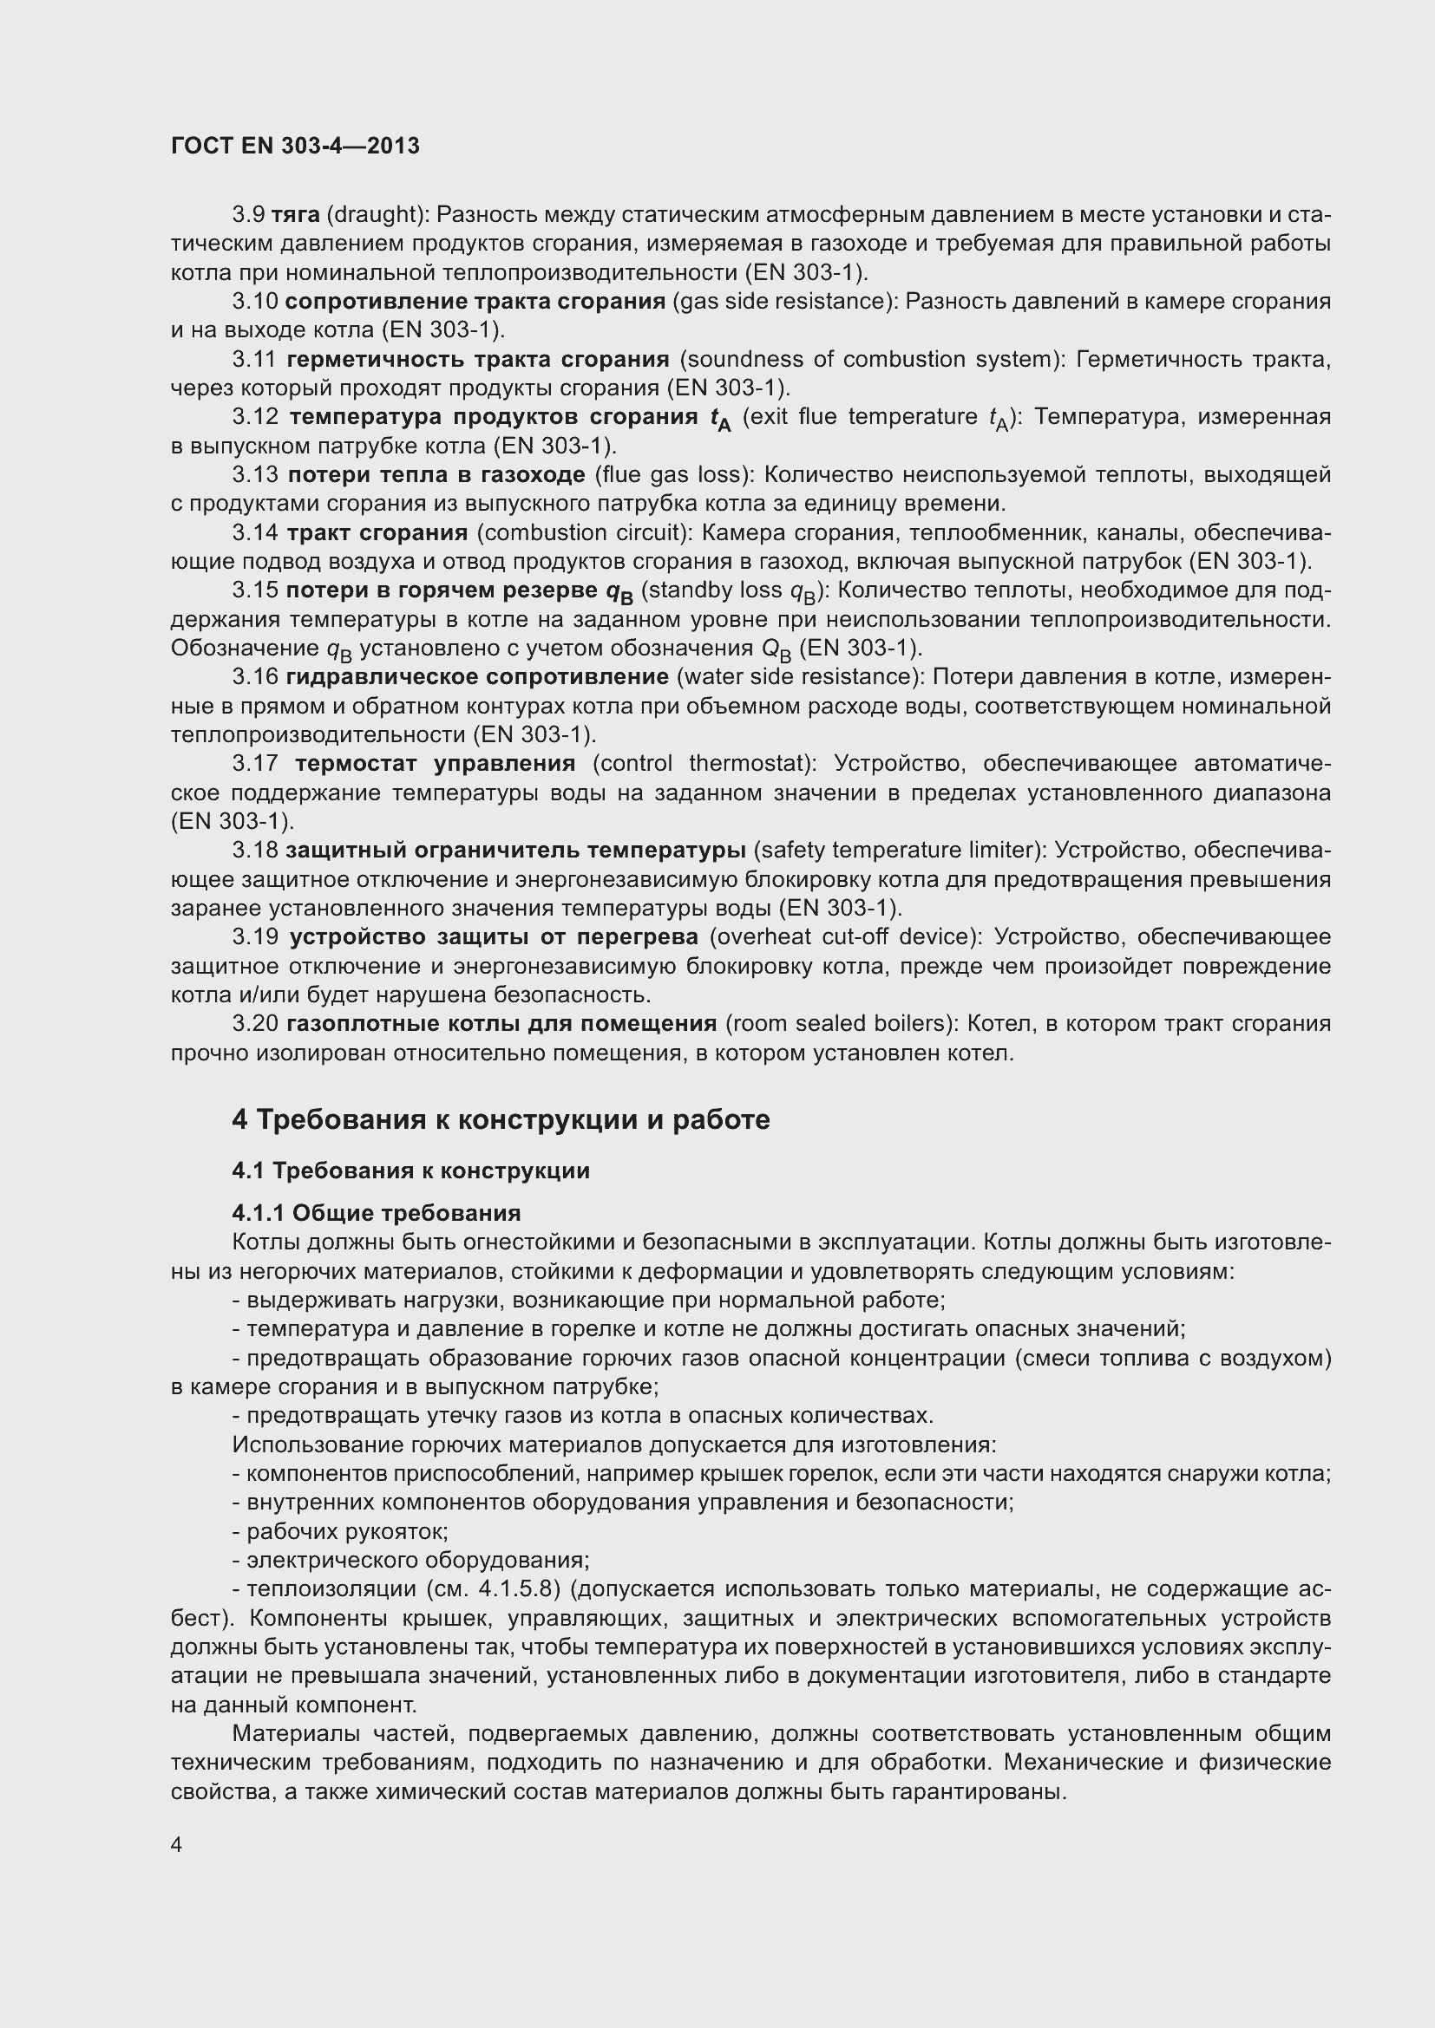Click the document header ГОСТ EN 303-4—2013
pyautogui.click(x=295, y=146)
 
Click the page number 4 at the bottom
pyautogui.click(x=177, y=1845)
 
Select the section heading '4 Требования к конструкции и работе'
pyautogui.click(x=500, y=1119)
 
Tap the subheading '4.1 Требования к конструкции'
pyautogui.click(x=411, y=1171)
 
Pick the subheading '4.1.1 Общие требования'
pyautogui.click(x=377, y=1212)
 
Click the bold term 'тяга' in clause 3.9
pyautogui.click(x=295, y=215)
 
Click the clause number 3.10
pyautogui.click(x=254, y=301)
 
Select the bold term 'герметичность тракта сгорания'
pyautogui.click(x=478, y=360)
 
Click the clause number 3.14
pyautogui.click(x=254, y=532)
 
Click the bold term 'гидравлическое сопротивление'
pyautogui.click(x=477, y=676)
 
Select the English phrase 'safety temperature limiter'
pyautogui.click(x=895, y=850)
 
